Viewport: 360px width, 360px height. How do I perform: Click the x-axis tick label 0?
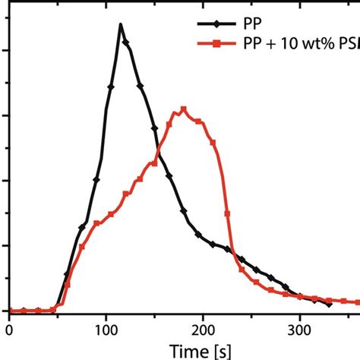coord(8,330)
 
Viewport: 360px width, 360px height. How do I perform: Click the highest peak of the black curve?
coord(121,24)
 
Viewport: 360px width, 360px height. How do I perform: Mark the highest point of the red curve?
coord(183,109)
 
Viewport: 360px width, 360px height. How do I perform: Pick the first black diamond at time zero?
coord(9,311)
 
